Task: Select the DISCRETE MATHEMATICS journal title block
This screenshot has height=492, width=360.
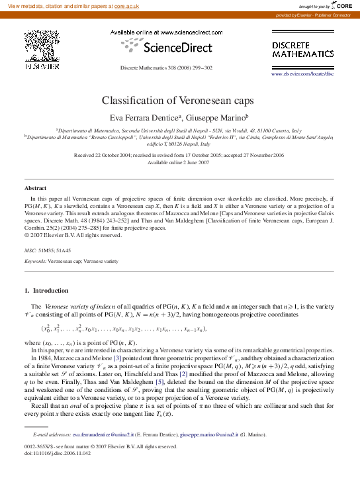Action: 303,48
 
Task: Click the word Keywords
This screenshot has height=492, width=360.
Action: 34,262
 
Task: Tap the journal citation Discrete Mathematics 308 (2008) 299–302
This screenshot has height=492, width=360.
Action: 166,68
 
